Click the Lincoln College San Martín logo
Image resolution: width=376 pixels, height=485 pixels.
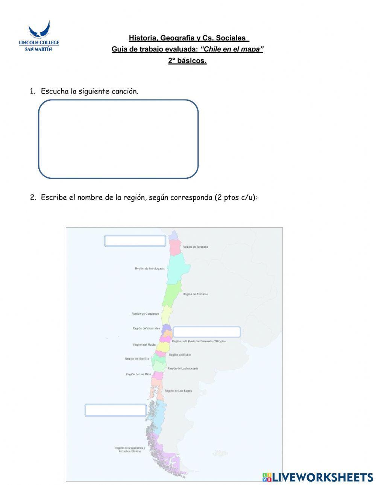point(39,36)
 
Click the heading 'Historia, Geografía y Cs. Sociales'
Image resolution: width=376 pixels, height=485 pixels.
point(189,38)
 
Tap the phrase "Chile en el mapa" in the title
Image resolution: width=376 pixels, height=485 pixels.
point(232,49)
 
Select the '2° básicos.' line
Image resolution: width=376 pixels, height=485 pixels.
point(187,61)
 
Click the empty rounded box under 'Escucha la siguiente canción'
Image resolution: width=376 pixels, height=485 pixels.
point(118,139)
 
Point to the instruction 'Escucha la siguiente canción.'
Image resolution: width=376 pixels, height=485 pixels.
point(89,91)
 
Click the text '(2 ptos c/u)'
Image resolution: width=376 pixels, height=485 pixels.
point(236,198)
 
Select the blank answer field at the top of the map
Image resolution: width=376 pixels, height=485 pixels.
point(135,241)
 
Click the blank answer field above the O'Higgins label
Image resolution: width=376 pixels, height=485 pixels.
point(206,332)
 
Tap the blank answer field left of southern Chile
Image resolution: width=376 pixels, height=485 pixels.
point(115,410)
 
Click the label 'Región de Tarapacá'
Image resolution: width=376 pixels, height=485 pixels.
point(195,247)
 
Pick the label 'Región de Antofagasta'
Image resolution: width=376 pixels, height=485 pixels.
point(150,269)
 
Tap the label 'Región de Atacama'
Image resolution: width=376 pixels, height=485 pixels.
point(195,294)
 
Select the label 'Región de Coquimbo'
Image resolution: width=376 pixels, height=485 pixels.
point(145,314)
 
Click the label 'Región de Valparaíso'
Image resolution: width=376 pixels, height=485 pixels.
point(146,328)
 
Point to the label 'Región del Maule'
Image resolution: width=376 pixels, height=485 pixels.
point(144,344)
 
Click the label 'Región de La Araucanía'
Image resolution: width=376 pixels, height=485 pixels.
point(183,369)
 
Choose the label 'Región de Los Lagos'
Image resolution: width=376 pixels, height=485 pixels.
point(178,391)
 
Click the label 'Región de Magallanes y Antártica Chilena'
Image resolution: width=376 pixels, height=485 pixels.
point(130,449)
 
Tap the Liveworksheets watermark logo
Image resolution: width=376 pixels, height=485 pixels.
point(318,477)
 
